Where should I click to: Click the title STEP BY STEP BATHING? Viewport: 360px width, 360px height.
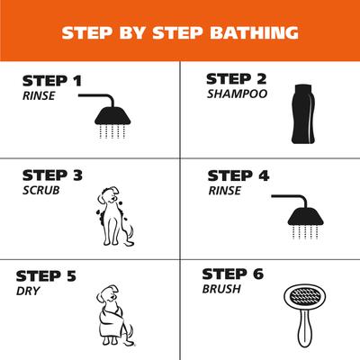(180, 33)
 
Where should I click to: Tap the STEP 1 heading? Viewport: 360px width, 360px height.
(53, 82)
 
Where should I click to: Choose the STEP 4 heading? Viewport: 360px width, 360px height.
(238, 175)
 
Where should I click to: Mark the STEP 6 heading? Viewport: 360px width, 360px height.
(232, 274)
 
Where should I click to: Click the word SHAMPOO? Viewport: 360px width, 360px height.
(236, 93)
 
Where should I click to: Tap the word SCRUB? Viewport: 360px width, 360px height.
(40, 191)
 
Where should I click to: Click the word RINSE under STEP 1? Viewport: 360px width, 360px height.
(38, 95)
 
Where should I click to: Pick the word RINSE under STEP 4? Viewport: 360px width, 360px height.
(225, 190)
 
